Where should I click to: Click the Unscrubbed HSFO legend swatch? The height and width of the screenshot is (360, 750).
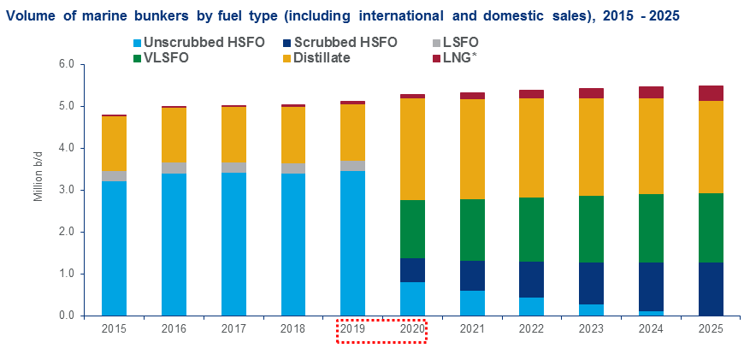138,42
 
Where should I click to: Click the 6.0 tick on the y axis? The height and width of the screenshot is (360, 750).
65,65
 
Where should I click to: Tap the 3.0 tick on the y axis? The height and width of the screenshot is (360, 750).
65,191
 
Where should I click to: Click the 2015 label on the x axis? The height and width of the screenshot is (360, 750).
114,328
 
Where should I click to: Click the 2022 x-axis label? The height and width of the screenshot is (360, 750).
532,328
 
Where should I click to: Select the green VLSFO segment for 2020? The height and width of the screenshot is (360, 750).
412,229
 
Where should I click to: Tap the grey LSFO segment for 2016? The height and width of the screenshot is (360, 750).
174,168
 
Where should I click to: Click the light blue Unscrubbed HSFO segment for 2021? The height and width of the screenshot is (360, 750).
472,303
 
